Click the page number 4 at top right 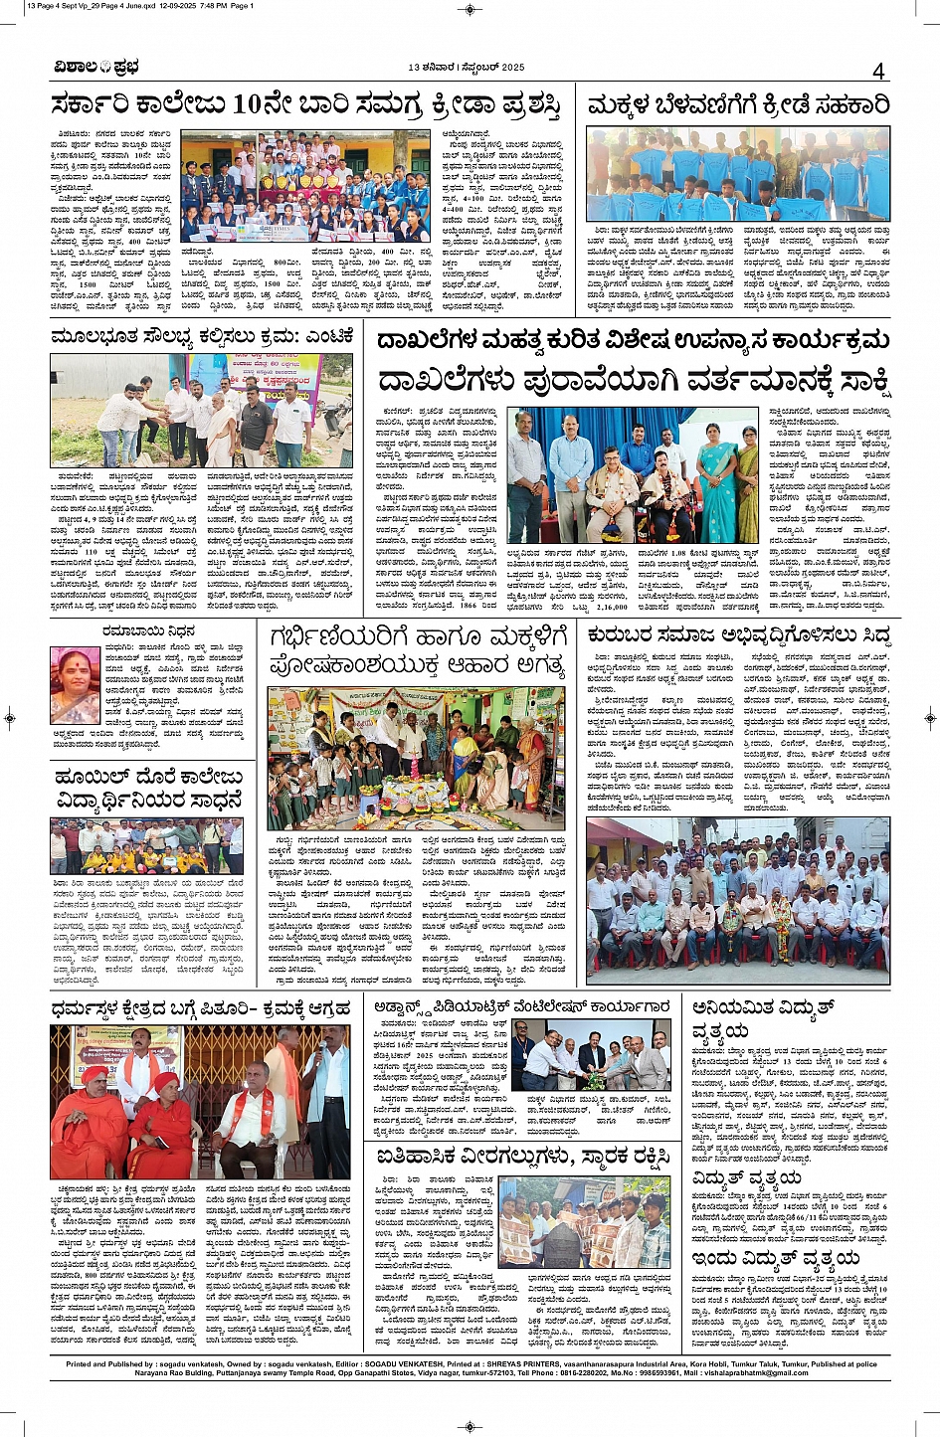878,70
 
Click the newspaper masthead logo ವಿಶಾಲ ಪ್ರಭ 96,68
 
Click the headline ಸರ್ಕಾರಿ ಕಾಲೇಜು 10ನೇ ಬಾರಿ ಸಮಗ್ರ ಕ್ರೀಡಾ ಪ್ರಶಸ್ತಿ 306,103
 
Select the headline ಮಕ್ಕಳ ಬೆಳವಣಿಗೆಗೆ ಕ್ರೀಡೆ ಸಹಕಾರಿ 737,104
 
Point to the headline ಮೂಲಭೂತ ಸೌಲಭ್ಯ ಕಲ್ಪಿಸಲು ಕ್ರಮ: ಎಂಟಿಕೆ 202,337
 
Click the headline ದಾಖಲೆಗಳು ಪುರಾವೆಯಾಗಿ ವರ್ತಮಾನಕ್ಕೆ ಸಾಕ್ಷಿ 633,380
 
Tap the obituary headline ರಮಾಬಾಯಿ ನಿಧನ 149,630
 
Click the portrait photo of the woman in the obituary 75,686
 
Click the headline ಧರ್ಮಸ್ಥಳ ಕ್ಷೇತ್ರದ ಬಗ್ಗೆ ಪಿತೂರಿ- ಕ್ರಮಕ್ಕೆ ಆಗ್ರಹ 202,1008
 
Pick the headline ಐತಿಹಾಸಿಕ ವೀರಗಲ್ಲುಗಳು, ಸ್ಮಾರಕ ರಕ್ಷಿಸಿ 522,1156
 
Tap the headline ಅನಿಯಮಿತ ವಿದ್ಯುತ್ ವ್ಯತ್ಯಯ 763,1018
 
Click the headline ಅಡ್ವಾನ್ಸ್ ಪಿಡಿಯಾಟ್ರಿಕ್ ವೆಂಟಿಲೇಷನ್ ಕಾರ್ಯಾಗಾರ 522,1006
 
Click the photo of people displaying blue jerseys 737,174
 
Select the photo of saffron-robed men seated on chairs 200,1102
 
